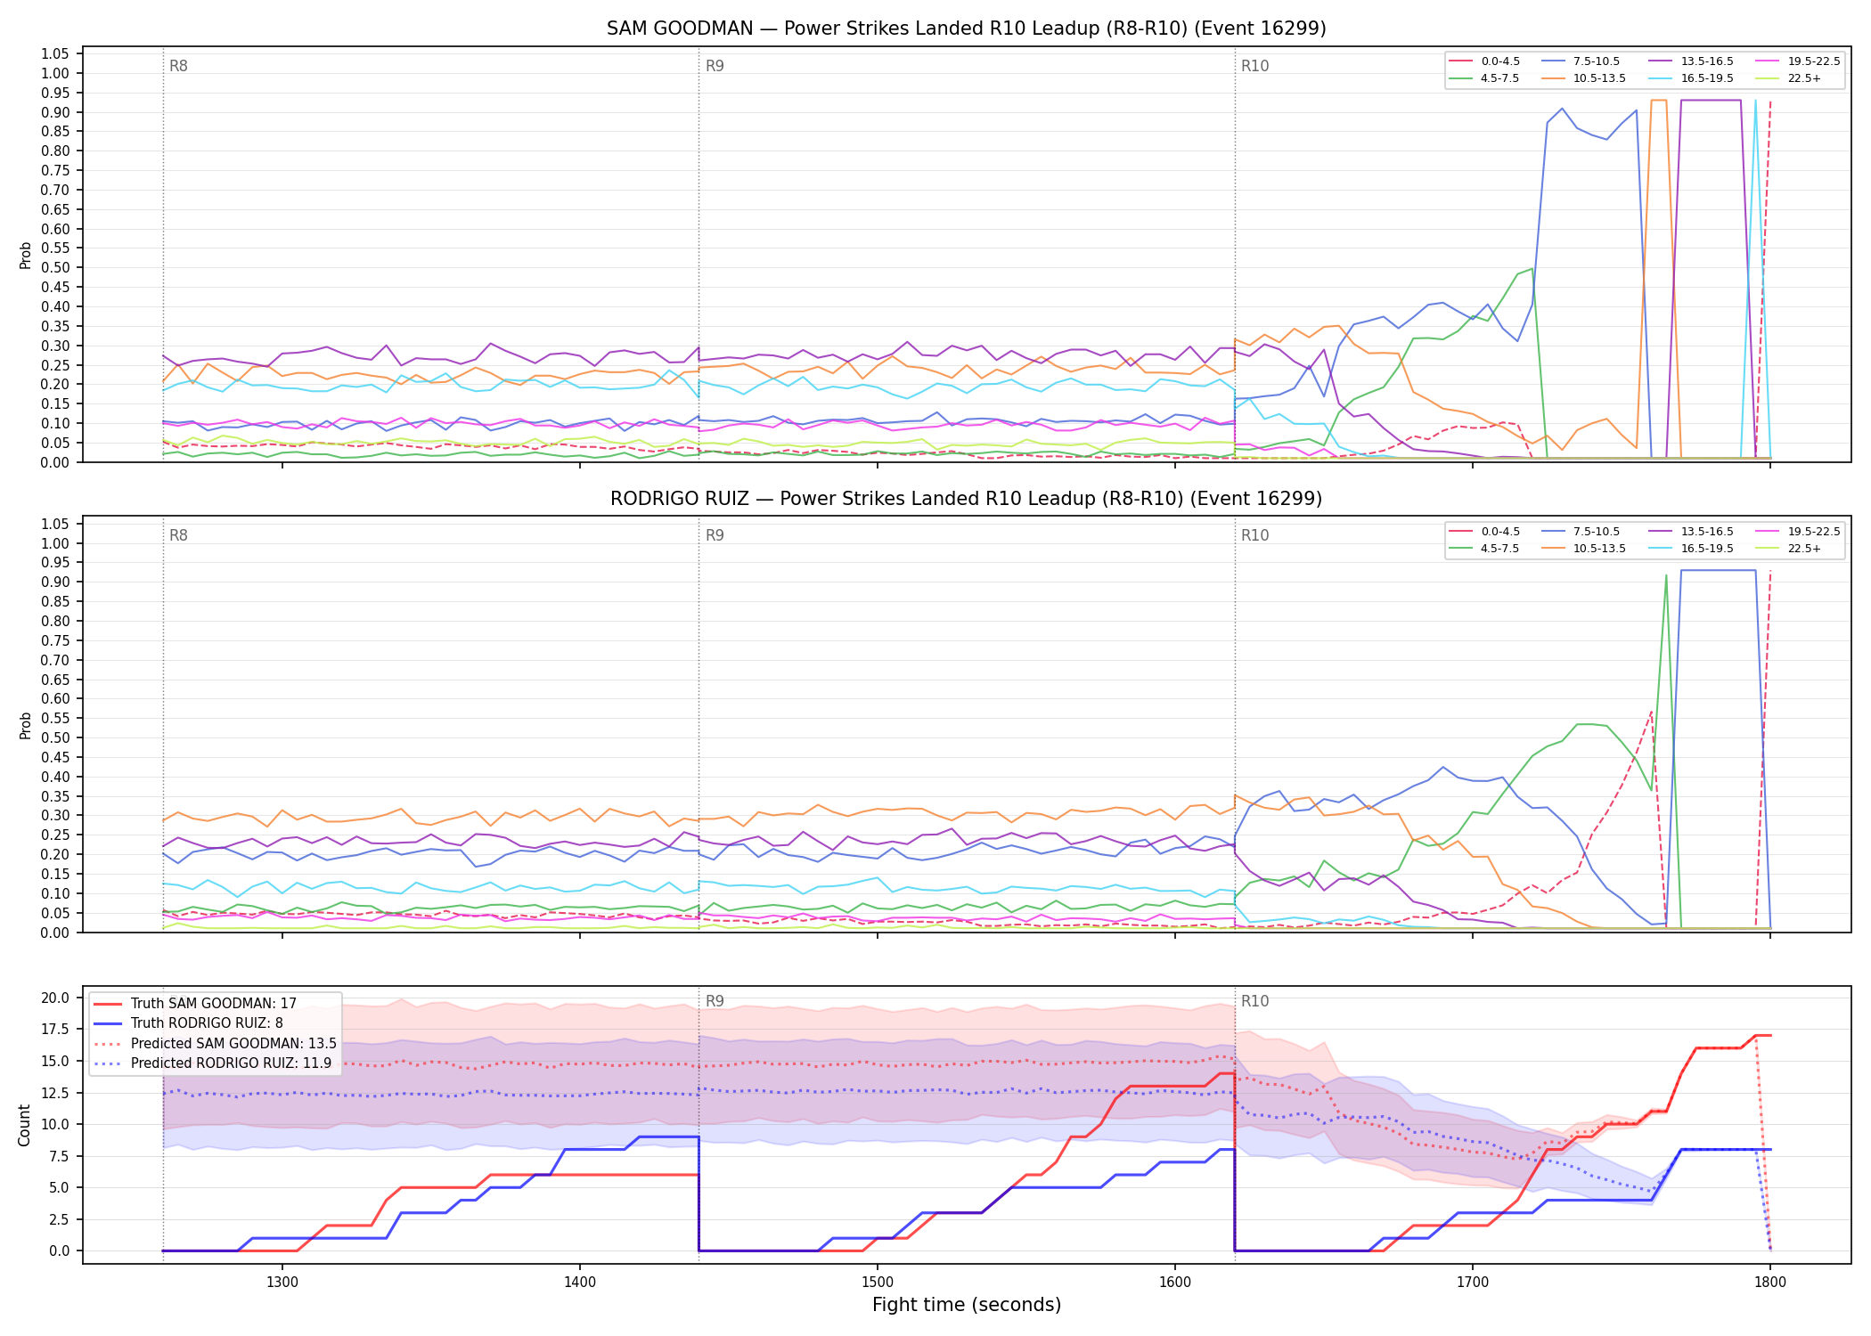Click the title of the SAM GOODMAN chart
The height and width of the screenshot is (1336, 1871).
click(966, 29)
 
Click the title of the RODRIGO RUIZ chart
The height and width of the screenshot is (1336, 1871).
click(966, 499)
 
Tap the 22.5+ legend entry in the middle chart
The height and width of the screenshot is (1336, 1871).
click(1787, 549)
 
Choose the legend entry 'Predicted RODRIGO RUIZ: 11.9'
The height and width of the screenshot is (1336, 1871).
click(213, 1063)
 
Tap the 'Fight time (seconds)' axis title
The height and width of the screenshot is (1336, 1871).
click(967, 1306)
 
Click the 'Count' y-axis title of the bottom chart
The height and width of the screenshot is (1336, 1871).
click(24, 1125)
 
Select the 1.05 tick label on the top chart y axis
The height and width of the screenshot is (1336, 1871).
click(55, 54)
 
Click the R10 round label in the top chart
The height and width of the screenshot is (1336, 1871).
click(1254, 66)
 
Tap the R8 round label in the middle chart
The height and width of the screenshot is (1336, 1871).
click(178, 536)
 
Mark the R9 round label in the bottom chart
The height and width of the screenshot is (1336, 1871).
click(715, 1001)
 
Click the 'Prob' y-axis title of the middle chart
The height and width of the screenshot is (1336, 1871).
click(25, 725)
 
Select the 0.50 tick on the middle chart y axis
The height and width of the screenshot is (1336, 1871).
click(55, 737)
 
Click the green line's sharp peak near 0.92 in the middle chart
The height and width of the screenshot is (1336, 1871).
click(1666, 575)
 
